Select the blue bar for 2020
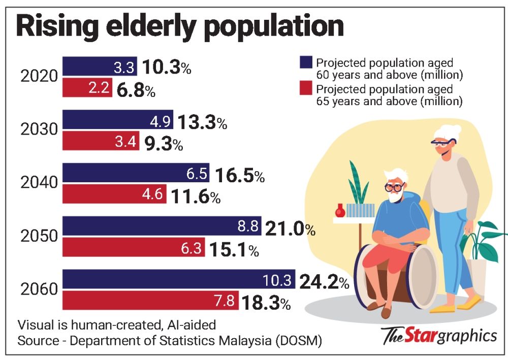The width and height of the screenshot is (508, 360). pyautogui.click(x=99, y=67)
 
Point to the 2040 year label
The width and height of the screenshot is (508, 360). pyautogui.click(x=40, y=183)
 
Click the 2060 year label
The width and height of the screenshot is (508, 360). pyautogui.click(x=40, y=290)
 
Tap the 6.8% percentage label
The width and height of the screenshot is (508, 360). pyautogui.click(x=136, y=91)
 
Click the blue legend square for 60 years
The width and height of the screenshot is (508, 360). pyautogui.click(x=305, y=62)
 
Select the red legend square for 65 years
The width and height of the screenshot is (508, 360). pyautogui.click(x=305, y=90)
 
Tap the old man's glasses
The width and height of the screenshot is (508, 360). pyautogui.click(x=394, y=187)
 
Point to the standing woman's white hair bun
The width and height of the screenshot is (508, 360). pyautogui.click(x=452, y=133)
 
